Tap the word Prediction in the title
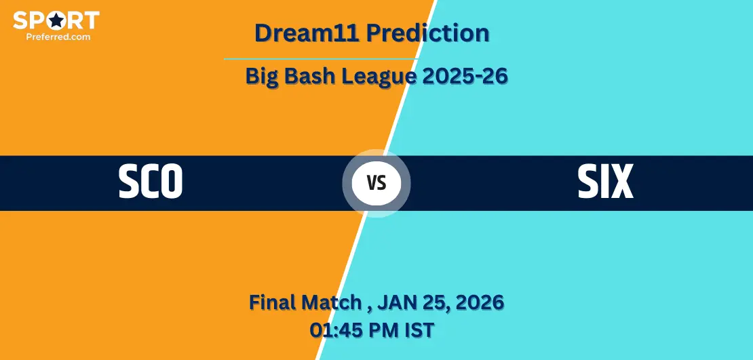[x=427, y=33]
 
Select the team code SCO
[x=151, y=182]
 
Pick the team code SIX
[x=606, y=182]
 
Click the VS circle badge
[x=376, y=183]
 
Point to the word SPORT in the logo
[x=56, y=20]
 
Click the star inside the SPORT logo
[x=57, y=20]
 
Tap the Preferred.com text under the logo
[x=58, y=36]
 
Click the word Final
[x=272, y=302]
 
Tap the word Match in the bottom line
[x=332, y=302]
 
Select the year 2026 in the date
[x=480, y=302]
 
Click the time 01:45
[x=334, y=330]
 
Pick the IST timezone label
[x=419, y=330]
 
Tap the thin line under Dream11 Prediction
[x=322, y=59]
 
